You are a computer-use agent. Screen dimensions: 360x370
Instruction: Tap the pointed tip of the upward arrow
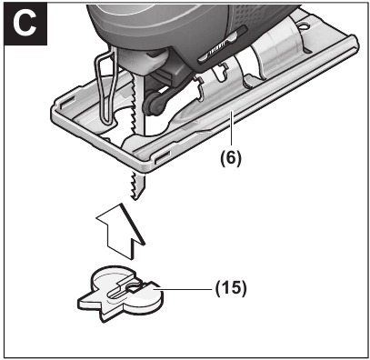click(127, 204)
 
